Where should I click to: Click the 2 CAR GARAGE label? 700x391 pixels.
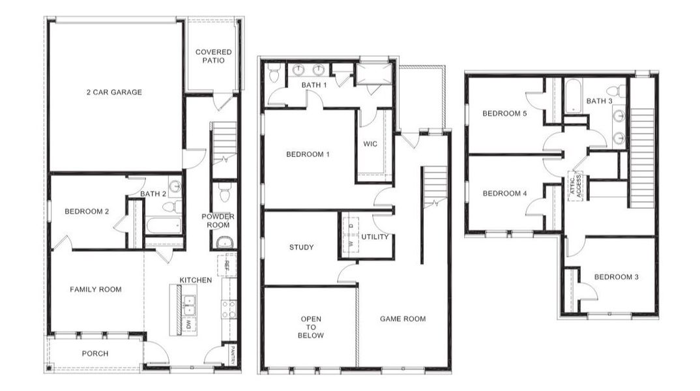tap(114, 93)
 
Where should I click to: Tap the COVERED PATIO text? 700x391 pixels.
tap(213, 56)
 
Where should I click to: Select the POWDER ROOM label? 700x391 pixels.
tap(218, 220)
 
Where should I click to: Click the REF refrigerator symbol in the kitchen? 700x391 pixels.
tap(226, 266)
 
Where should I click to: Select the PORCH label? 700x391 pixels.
tap(95, 354)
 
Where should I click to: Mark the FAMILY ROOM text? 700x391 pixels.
tap(96, 289)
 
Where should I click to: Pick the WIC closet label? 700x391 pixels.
tap(370, 143)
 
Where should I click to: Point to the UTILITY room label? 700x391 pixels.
tap(375, 237)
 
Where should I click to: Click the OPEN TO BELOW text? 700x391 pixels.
tap(311, 327)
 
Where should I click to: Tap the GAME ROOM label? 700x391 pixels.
tap(403, 319)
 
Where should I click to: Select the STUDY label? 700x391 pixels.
tap(301, 247)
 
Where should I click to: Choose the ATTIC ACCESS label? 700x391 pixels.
tap(576, 185)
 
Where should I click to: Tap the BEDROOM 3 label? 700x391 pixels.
tap(616, 277)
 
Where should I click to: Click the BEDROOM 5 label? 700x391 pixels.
tap(504, 113)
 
